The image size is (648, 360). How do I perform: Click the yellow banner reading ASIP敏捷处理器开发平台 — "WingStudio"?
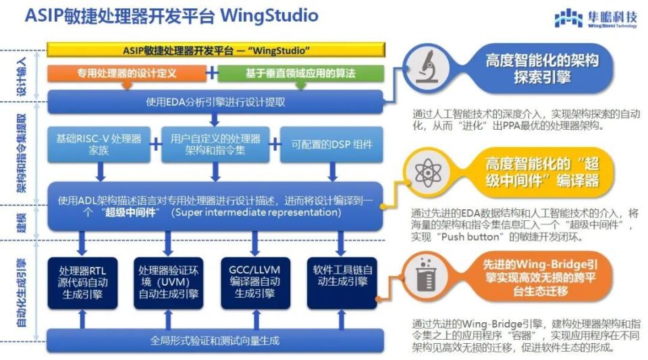click(x=215, y=51)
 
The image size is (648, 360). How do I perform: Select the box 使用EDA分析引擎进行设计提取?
click(x=215, y=102)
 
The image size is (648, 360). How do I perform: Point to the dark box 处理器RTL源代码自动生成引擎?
click(x=82, y=282)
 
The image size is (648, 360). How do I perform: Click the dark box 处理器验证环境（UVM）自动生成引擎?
click(x=168, y=282)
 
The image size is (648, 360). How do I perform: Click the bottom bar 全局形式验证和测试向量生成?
click(x=215, y=340)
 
